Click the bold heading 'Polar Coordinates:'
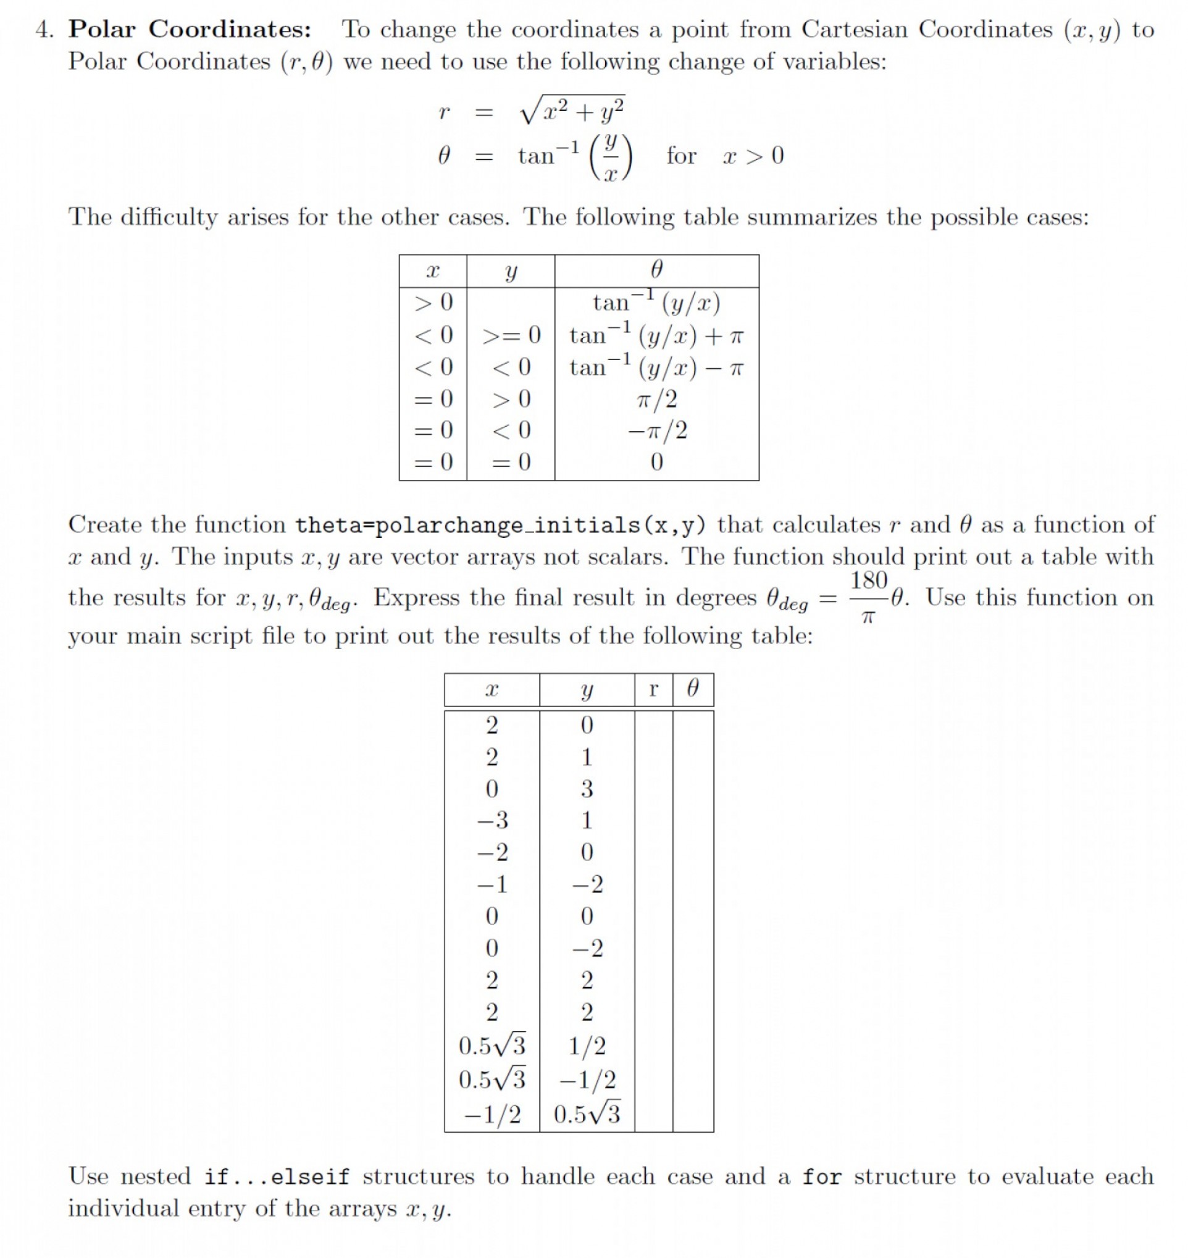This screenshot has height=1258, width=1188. click(x=190, y=29)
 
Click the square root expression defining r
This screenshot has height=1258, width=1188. click(x=571, y=111)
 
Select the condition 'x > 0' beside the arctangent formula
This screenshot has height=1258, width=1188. click(x=753, y=155)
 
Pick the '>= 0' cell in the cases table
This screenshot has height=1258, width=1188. click(x=511, y=335)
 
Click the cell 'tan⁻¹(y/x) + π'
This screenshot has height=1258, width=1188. click(x=656, y=335)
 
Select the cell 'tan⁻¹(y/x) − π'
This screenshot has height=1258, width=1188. click(x=656, y=367)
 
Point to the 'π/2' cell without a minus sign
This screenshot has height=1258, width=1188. click(x=657, y=399)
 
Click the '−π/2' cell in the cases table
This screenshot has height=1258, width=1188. click(x=657, y=430)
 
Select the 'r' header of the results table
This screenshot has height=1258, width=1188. click(x=653, y=689)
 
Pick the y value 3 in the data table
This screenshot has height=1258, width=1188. click(x=587, y=789)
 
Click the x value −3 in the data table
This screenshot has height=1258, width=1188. click(x=492, y=820)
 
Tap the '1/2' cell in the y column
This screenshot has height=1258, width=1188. click(x=587, y=1046)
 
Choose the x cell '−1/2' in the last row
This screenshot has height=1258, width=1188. click(x=492, y=1114)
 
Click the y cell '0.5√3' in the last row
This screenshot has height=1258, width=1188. click(x=587, y=1114)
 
